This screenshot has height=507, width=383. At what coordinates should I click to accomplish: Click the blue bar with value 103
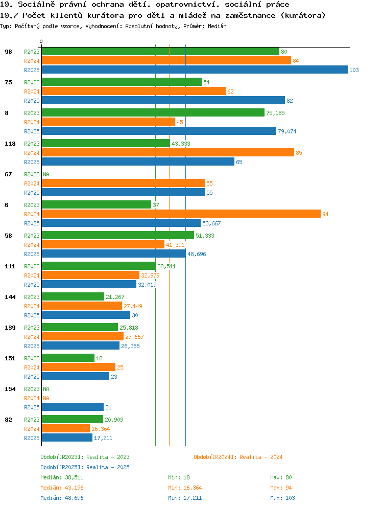(195, 70)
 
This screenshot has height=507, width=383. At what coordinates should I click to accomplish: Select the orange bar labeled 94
(181, 214)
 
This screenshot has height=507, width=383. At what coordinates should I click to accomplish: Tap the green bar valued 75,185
(153, 112)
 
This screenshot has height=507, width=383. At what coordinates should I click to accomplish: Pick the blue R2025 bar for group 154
(73, 407)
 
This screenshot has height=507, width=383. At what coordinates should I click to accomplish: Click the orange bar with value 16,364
(66, 428)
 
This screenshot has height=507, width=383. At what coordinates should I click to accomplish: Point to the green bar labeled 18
(68, 358)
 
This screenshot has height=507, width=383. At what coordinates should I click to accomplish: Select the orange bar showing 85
(168, 152)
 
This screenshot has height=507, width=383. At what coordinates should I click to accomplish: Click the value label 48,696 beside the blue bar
(197, 254)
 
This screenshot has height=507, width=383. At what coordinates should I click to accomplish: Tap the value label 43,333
(181, 144)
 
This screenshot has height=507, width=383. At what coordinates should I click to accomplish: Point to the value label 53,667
(212, 223)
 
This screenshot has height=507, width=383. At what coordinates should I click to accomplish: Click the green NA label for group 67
(46, 174)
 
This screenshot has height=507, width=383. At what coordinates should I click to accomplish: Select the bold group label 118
(10, 144)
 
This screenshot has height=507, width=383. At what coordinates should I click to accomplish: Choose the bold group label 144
(10, 297)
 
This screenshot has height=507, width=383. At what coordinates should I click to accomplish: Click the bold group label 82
(8, 420)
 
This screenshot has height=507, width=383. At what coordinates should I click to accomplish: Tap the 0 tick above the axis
(41, 42)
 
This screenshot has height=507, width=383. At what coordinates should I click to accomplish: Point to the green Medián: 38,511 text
(62, 477)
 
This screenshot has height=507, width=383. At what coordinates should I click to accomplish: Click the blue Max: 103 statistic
(282, 498)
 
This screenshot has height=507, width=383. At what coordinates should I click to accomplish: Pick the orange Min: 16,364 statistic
(185, 488)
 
